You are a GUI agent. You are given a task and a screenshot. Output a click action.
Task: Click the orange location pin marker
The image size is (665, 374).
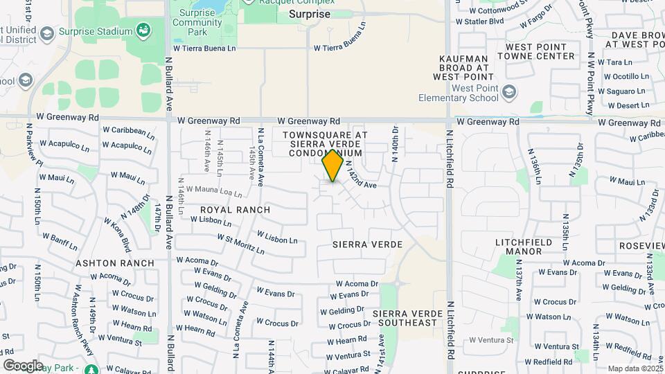point(333,165)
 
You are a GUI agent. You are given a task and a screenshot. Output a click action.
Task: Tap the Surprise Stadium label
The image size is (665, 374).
point(95,32)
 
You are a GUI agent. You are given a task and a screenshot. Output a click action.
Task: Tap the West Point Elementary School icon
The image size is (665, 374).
point(509,91)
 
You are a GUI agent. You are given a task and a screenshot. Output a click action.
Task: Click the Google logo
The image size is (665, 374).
point(23,365)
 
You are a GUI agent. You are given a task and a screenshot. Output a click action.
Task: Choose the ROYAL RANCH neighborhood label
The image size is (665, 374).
point(235,209)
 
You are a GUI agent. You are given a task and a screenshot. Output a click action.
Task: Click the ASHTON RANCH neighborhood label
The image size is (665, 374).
point(115,263)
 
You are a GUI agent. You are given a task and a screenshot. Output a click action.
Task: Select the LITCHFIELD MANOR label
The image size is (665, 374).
point(518,247)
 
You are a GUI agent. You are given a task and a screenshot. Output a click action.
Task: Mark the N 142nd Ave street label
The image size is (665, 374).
point(360,177)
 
